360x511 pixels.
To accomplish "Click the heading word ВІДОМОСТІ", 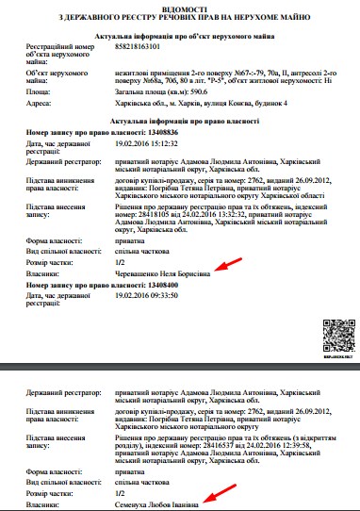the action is pyautogui.click(x=179, y=8).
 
